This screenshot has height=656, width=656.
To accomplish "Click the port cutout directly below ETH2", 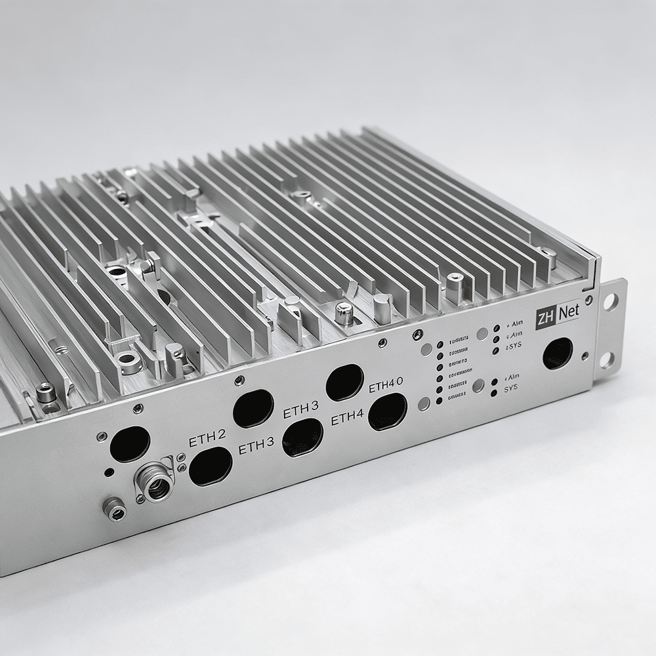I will tap(211, 467).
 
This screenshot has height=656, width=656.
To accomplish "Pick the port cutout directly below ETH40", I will tap(387, 413).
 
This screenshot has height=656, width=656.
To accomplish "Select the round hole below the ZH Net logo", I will tap(558, 354).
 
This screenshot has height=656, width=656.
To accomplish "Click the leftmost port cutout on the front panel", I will tap(130, 443).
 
